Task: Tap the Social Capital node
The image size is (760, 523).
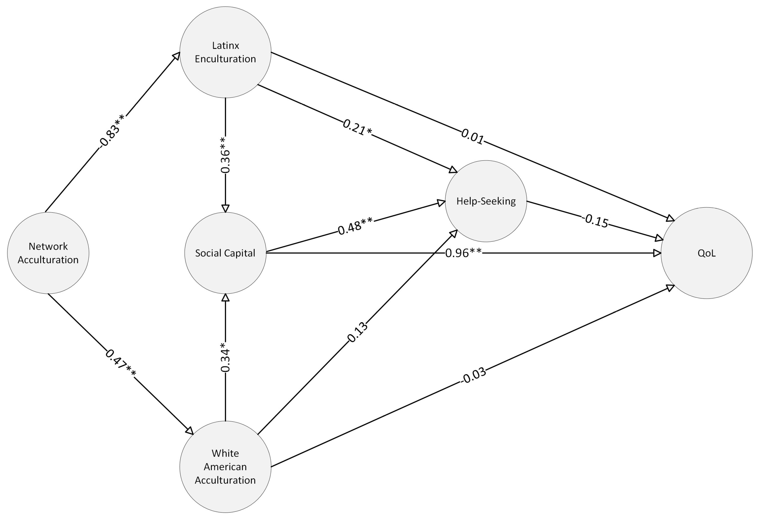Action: pos(225,253)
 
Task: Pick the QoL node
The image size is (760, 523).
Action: pos(706,253)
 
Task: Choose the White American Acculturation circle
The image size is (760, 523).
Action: pos(225,467)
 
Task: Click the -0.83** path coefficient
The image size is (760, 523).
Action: pos(111,131)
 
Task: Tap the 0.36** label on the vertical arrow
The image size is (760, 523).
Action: pos(225,155)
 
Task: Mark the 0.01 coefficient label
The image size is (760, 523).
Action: pos(472,136)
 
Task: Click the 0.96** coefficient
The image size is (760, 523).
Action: pos(463,253)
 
